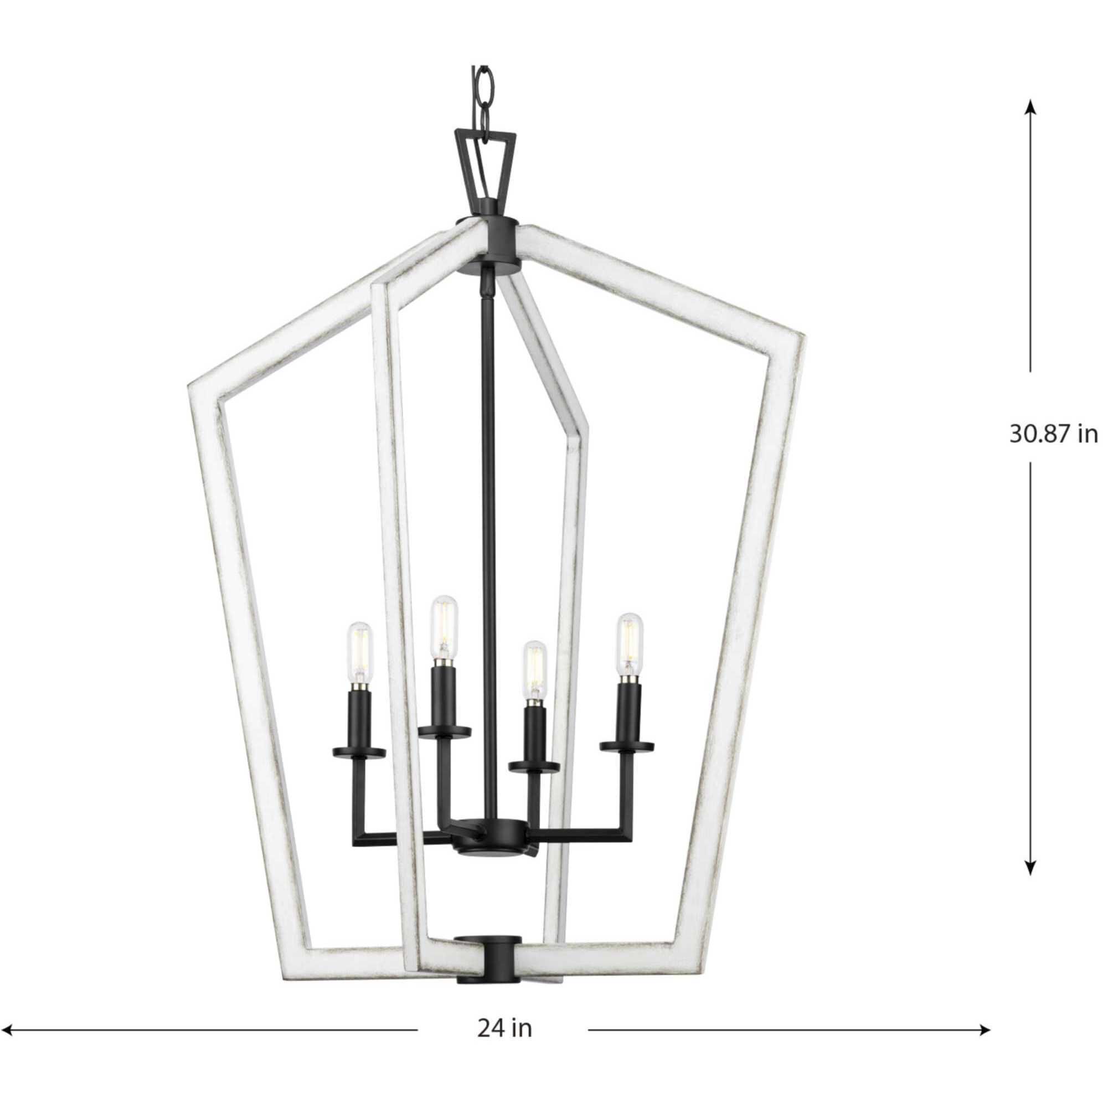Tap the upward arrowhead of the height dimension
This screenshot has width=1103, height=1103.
coord(1030,123)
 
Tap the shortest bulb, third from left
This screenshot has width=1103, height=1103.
coord(534,664)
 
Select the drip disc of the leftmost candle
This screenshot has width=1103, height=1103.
coord(359,751)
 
